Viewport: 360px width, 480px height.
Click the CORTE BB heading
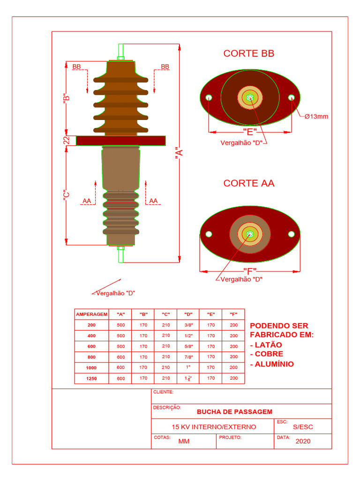point(248,53)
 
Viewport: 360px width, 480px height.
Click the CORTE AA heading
point(248,183)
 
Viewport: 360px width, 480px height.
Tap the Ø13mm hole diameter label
point(316,116)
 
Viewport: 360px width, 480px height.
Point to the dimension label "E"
point(250,132)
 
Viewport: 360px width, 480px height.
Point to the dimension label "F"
point(250,271)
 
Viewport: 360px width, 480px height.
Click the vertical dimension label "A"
point(179,154)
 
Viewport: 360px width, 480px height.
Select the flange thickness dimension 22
point(67,140)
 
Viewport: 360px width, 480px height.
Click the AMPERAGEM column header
point(91,314)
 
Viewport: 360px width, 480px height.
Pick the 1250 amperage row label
point(91,378)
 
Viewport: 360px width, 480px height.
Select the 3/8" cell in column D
point(188,325)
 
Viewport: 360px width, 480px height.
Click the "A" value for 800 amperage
point(120,357)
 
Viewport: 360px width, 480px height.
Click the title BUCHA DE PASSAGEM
point(234,412)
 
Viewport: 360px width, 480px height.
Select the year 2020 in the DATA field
point(303,441)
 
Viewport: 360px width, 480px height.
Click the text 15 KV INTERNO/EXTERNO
point(214,427)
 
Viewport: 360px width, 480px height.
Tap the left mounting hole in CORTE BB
point(209,97)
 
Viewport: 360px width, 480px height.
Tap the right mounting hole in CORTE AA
point(292,234)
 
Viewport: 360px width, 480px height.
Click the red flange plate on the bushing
point(120,141)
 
